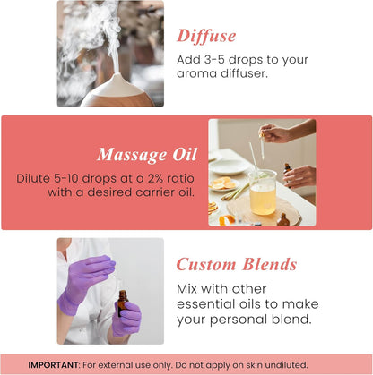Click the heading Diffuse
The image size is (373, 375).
pyautogui.click(x=206, y=36)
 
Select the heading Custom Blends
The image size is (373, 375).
pyautogui.click(x=237, y=265)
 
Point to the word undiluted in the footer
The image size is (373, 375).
pyautogui.click(x=282, y=364)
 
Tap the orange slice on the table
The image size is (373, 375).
pyautogui.click(x=222, y=183)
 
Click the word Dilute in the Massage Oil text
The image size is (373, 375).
pyautogui.click(x=34, y=178)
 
